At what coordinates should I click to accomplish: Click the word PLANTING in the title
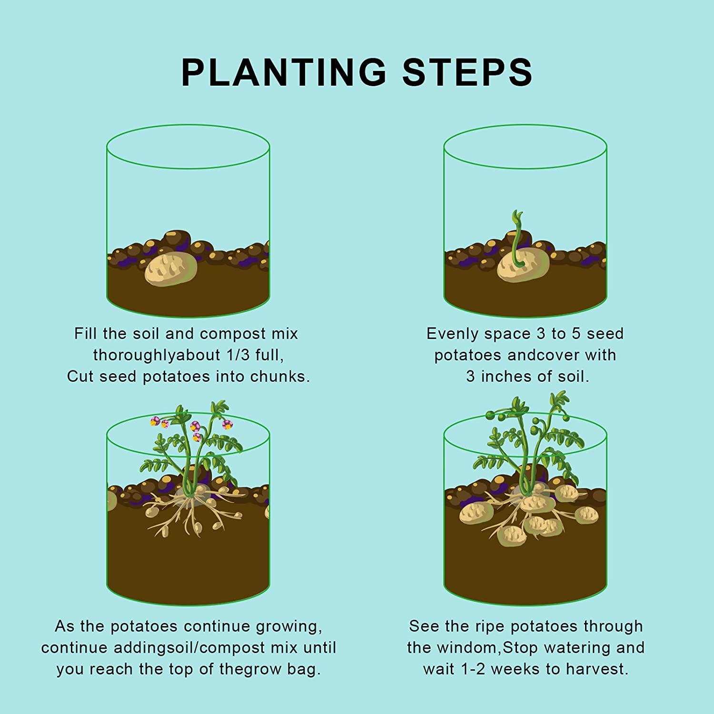point(284,72)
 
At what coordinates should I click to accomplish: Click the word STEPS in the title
point(467,72)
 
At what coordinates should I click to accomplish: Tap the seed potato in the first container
point(171,269)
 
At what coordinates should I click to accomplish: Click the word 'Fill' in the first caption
point(86,334)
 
